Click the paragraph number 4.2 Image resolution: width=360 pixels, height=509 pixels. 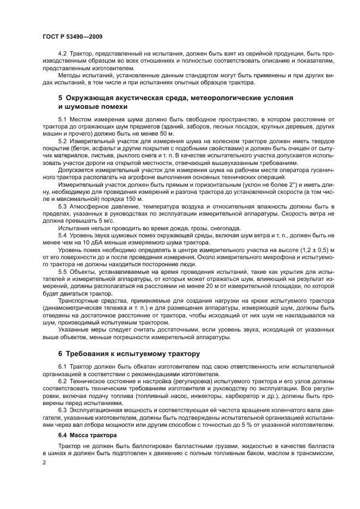pyautogui.click(x=62, y=56)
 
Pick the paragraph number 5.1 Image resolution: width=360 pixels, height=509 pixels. pyautogui.click(x=62, y=119)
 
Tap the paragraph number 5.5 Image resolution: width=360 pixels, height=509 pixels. pyautogui.click(x=62, y=272)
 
